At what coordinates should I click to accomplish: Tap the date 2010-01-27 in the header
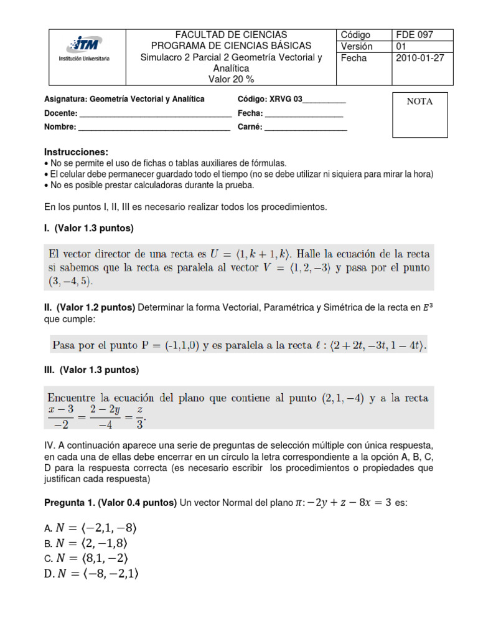[418, 58]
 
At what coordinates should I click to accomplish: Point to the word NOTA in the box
[419, 102]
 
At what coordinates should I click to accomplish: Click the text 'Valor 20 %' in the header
[231, 79]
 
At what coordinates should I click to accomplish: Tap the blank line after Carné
[306, 127]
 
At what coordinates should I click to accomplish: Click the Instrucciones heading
[76, 153]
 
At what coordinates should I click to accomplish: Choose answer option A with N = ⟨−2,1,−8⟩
[90, 528]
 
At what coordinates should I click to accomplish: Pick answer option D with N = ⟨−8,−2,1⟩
[91, 574]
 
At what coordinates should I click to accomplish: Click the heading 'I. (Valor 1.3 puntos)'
[89, 229]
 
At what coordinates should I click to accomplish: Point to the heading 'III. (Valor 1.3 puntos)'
[91, 370]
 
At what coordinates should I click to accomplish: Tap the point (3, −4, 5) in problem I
[70, 282]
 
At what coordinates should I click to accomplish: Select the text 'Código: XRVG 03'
[269, 100]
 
